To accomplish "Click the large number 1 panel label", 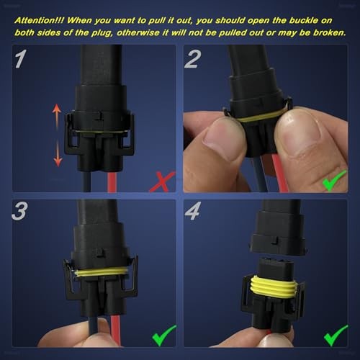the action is [x=20, y=59].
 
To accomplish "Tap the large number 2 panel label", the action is [x=193, y=59].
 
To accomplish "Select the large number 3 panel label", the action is [x=19, y=211].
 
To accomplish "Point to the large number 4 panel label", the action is [x=193, y=211].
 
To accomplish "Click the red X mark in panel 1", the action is [x=163, y=181].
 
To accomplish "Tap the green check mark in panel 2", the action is [x=334, y=181].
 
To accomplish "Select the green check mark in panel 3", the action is [x=164, y=336].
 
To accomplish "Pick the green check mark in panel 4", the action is [x=336, y=336].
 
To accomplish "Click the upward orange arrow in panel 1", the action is [x=57, y=117].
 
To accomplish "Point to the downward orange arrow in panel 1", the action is [x=58, y=153].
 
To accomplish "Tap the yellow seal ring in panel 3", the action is [x=100, y=272].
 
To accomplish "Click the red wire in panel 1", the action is [x=112, y=182].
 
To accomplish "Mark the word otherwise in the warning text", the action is [x=138, y=32].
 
